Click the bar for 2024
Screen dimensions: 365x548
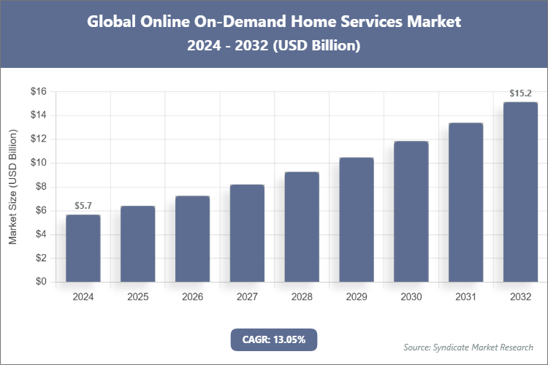pyautogui.click(x=83, y=248)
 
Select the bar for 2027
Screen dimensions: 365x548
pyautogui.click(x=247, y=233)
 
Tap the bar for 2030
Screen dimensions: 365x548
pyautogui.click(x=411, y=211)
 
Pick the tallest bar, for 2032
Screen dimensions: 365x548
pyautogui.click(x=520, y=191)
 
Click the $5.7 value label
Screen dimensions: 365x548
pyautogui.click(x=83, y=207)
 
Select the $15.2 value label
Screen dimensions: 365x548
pyautogui.click(x=520, y=93)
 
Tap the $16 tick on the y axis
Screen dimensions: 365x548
pyautogui.click(x=38, y=91)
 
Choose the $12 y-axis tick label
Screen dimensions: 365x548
pyautogui.click(x=38, y=139)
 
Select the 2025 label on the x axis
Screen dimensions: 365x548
pyautogui.click(x=137, y=297)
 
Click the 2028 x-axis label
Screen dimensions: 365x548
pyautogui.click(x=302, y=297)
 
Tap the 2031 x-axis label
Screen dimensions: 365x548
pyautogui.click(x=465, y=297)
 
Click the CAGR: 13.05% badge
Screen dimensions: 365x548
pyautogui.click(x=274, y=339)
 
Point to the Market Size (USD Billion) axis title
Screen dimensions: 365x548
pyautogui.click(x=12, y=187)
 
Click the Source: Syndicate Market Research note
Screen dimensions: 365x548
pyautogui.click(x=468, y=347)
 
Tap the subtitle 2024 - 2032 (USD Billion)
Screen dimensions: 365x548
pyautogui.click(x=274, y=46)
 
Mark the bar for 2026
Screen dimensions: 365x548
pyautogui.click(x=192, y=239)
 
